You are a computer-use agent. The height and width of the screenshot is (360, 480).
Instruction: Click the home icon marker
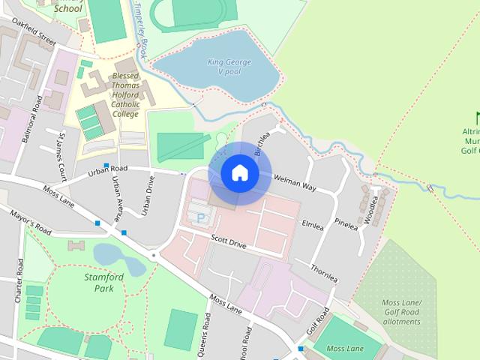pyautogui.click(x=239, y=173)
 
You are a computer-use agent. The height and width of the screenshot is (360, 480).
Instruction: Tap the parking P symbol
pyautogui.click(x=200, y=217)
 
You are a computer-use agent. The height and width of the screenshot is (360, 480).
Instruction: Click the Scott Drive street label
pyautogui.click(x=228, y=244)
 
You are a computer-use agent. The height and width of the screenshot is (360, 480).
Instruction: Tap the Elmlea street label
pyautogui.click(x=312, y=223)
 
